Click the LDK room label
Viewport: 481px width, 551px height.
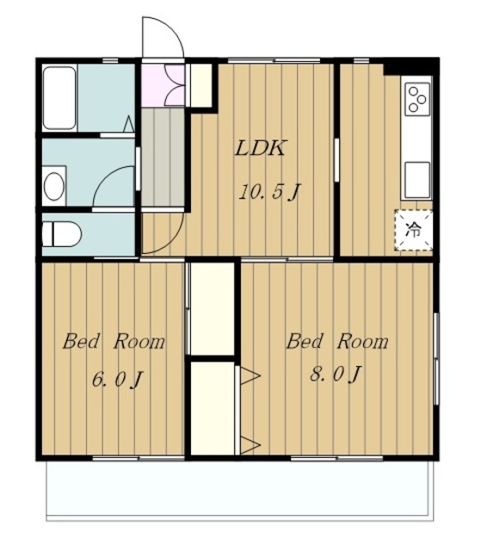260,148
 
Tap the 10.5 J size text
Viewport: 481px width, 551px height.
268,192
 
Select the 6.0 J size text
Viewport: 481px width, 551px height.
116,380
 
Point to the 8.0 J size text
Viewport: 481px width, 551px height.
336,374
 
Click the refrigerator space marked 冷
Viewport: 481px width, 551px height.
413,230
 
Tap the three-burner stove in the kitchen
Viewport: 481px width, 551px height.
418,99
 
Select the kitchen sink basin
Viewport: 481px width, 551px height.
417,180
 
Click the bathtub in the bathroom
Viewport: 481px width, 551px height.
59,98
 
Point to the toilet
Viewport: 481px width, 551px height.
61,233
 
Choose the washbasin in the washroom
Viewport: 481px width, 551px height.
54,187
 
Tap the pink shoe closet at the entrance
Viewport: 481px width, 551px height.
163,85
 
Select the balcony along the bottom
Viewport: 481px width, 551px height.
240,490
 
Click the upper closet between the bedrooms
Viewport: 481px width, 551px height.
213,309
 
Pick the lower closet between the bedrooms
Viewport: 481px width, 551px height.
213,408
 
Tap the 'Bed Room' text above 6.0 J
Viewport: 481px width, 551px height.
114,341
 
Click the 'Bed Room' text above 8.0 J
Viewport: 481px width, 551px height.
337,341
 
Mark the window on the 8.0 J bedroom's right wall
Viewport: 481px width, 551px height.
436,359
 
